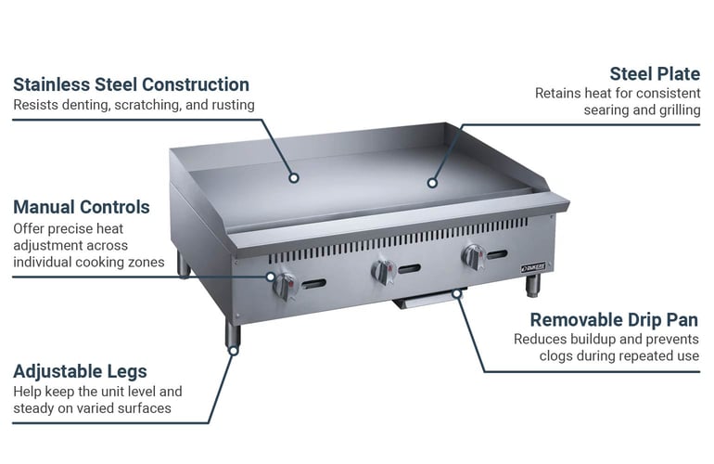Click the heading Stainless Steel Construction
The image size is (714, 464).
131,84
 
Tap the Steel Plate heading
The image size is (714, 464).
655,74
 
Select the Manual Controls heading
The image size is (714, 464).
82,207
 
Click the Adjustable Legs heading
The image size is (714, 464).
80,372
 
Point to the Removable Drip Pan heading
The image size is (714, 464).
614,320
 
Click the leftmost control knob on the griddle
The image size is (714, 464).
285,286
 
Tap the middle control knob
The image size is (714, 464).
383,272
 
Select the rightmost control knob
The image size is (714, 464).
474,257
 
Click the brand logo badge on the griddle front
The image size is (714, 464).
533,267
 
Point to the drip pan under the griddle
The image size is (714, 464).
428,299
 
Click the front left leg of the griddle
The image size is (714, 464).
233,334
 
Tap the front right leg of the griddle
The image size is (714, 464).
533,286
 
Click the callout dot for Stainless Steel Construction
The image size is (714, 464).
294,178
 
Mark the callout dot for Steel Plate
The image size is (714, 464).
432,183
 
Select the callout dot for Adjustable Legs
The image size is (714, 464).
234,351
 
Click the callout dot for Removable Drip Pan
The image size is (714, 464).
457,294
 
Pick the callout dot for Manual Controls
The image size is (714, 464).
271,277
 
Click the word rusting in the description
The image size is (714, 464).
233,105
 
